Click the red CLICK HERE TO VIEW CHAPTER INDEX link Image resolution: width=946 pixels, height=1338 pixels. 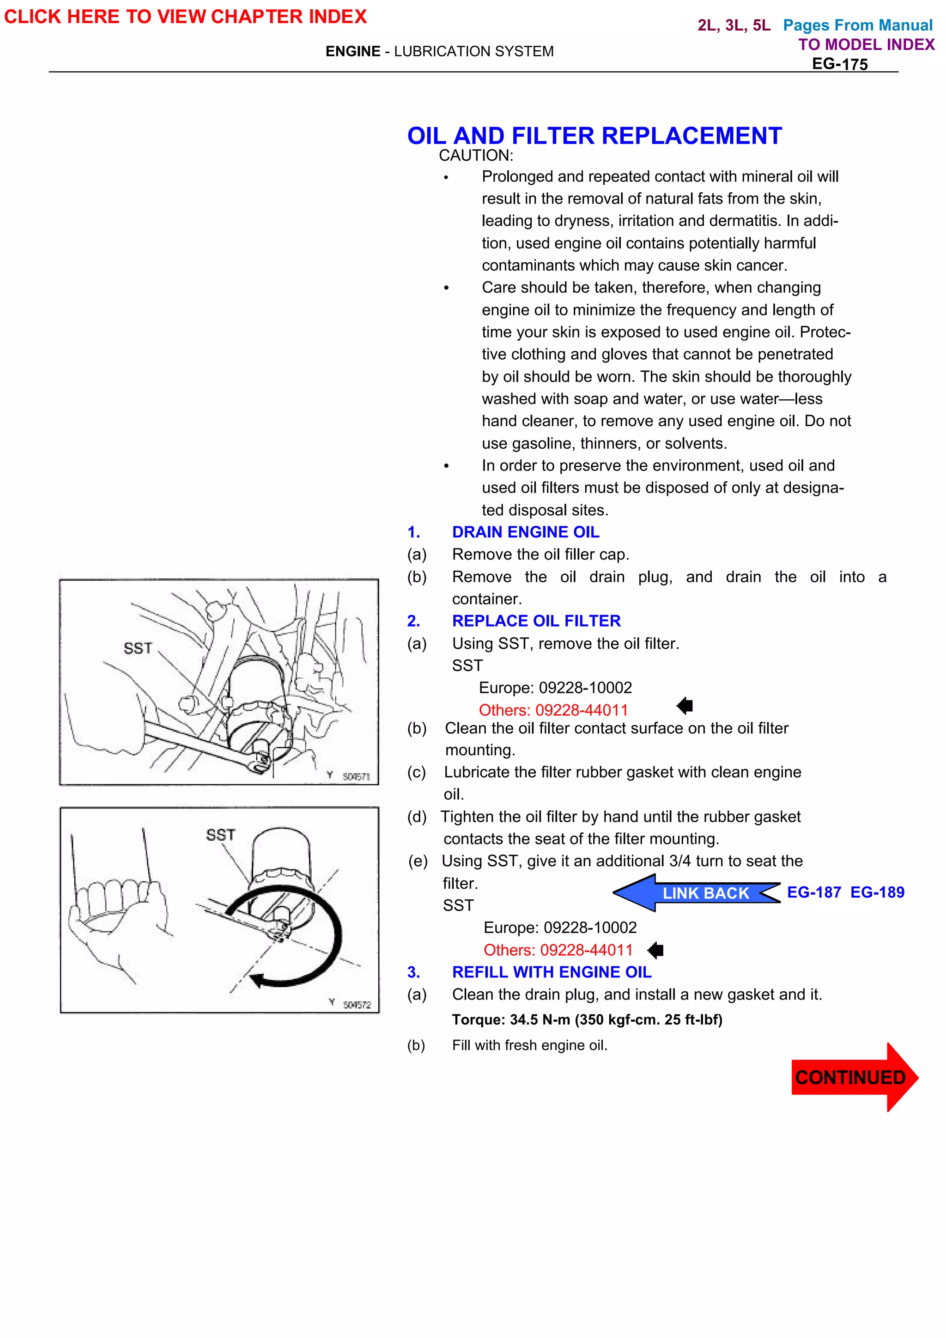pos(185,16)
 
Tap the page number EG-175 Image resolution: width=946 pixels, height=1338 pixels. pos(839,64)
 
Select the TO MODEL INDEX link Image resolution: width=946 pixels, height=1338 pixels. pos(866,44)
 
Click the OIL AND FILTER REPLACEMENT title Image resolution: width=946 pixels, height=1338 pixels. pos(594,136)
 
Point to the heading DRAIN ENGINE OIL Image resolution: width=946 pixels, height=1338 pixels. pos(525,532)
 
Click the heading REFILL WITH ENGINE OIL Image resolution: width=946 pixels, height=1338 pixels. pos(552,972)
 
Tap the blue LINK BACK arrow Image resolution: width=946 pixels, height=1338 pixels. pos(697,893)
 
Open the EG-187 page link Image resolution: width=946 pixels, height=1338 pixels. pos(814,892)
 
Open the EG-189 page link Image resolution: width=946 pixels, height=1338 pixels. pos(877,892)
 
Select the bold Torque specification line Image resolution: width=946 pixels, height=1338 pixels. pos(587,1020)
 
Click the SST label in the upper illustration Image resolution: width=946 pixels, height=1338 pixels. pos(138,648)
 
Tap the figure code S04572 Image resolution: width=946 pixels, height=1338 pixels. pos(356,1005)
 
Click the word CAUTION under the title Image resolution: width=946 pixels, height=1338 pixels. pos(476,156)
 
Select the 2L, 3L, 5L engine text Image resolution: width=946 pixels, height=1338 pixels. pos(734,25)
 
